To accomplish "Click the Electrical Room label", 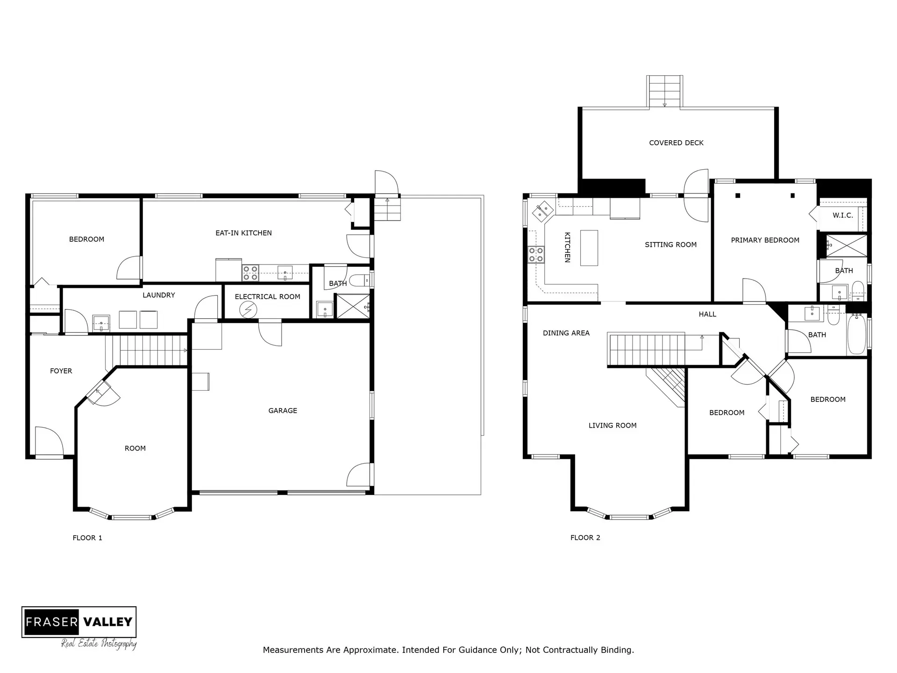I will point(267,297).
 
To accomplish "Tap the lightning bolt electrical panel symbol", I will point(248,309).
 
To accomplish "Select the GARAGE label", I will point(283,411).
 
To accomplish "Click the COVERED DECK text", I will point(676,143).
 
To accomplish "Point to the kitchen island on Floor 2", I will point(589,248).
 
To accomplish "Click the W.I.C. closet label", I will point(843,215).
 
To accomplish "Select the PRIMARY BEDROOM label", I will point(765,240).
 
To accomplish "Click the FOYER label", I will point(61,371).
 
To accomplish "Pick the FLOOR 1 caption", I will point(87,538).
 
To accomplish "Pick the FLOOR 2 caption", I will point(585,538).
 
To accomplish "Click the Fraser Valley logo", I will point(79,622).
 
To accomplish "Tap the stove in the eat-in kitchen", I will point(250,273).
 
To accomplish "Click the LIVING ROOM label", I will point(612,426).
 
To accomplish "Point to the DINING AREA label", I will point(566,333).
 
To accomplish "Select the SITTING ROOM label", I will point(670,245).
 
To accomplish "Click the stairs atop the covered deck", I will point(665,92).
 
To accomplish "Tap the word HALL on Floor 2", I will point(707,315).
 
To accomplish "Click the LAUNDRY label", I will point(159,295).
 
